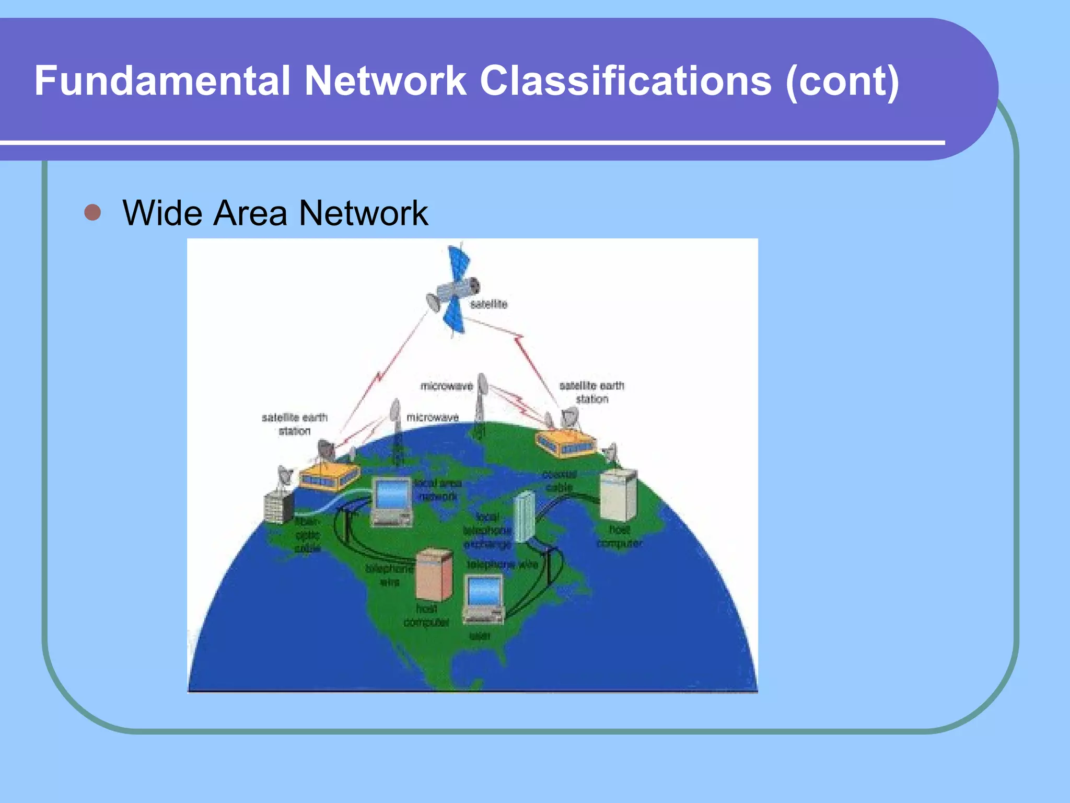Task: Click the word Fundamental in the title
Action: [162, 81]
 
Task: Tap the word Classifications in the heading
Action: [625, 81]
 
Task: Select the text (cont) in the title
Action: [842, 81]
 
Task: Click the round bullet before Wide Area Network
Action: [92, 213]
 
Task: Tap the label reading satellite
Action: [489, 304]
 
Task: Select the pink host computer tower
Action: [434, 575]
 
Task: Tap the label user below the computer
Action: [480, 636]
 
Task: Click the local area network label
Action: [438, 489]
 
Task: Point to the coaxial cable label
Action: [560, 481]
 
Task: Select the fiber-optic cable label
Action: [308, 535]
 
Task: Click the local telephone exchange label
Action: [487, 531]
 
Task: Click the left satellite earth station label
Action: [295, 424]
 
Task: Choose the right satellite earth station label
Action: [592, 392]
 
